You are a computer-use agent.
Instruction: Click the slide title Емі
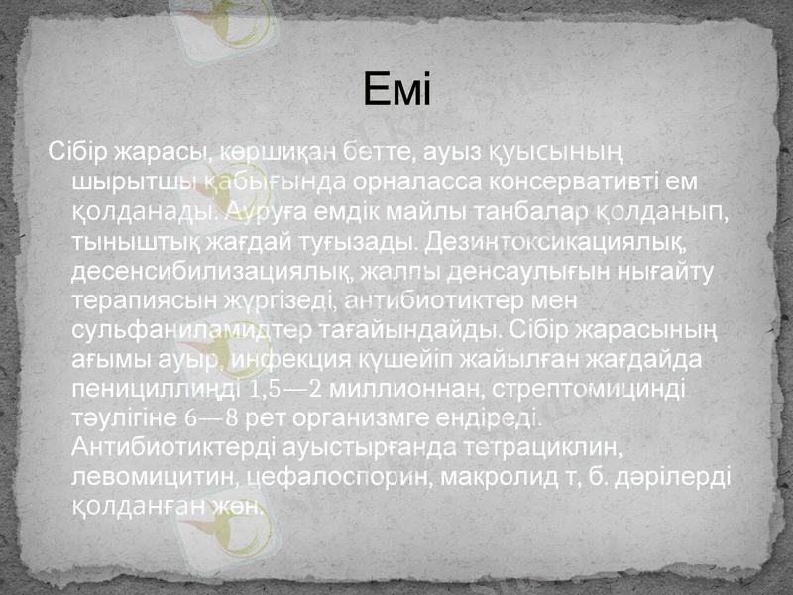(396, 92)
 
